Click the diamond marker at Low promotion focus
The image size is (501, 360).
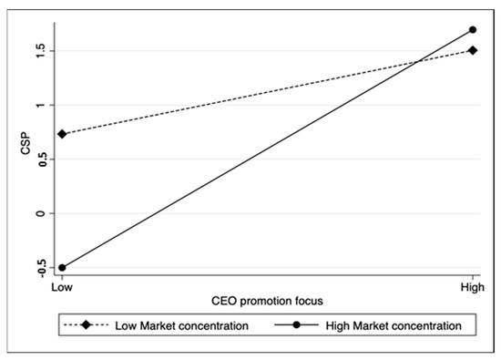(62, 134)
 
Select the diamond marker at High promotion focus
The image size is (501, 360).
(472, 50)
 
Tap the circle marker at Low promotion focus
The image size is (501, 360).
(62, 267)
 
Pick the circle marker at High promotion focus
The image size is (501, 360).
(472, 29)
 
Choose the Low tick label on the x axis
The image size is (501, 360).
(62, 286)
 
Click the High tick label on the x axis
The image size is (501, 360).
(472, 286)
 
